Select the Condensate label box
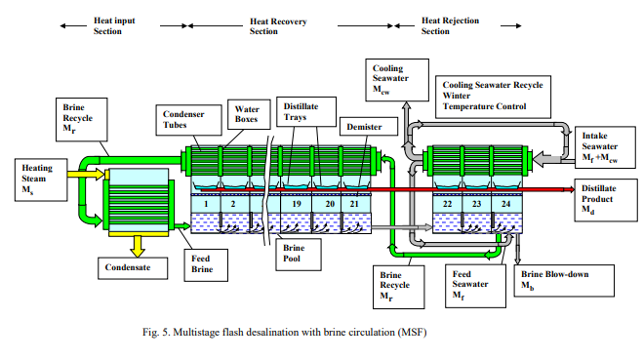127,264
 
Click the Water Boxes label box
243,114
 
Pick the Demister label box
362,127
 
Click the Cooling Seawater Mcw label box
389,78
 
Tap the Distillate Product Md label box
606,201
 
